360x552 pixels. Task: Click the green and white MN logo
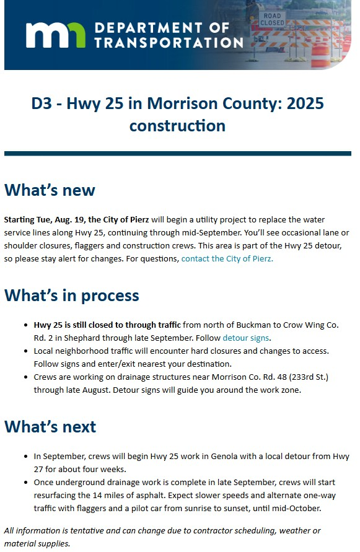click(x=56, y=35)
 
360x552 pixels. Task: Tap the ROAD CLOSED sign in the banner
click(x=272, y=19)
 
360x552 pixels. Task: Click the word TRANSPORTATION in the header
click(x=169, y=42)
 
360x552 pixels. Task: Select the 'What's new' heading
click(x=50, y=190)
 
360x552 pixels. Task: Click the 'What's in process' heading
click(x=71, y=295)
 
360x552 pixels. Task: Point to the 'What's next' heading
click(x=50, y=426)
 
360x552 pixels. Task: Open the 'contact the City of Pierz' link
click(x=227, y=258)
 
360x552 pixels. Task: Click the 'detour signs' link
click(x=246, y=338)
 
